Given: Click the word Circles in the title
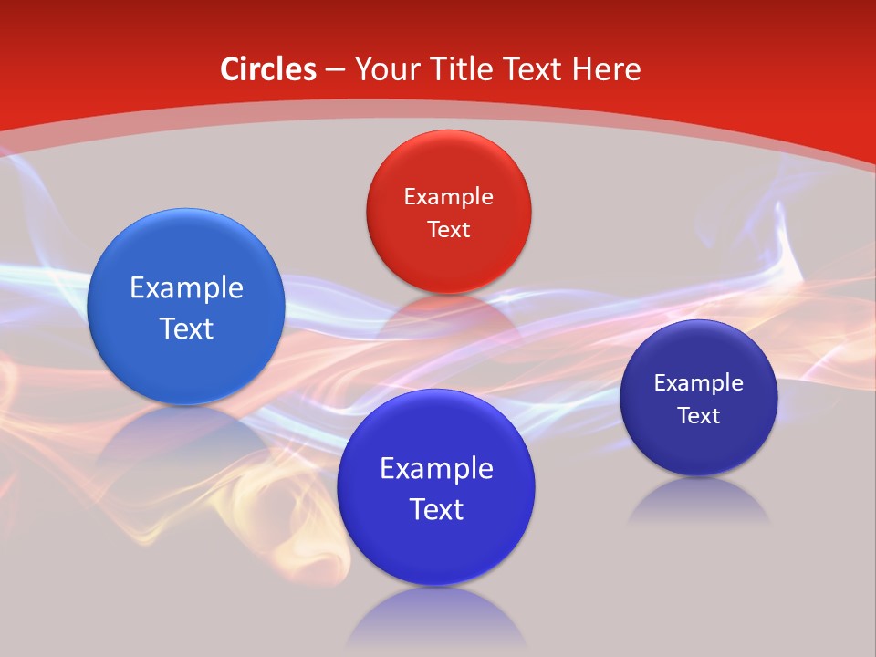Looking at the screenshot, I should [267, 69].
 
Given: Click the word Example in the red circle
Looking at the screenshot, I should [448, 197].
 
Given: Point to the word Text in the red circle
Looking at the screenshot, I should [448, 229].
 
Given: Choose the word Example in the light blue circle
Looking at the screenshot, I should [186, 288].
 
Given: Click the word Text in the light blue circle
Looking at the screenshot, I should [186, 328].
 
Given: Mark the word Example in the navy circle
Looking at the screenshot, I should [698, 383].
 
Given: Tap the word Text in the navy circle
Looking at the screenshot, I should [698, 416].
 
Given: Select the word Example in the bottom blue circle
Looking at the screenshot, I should [436, 469].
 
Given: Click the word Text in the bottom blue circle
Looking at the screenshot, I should [436, 509].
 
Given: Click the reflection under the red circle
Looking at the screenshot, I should [447, 315].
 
